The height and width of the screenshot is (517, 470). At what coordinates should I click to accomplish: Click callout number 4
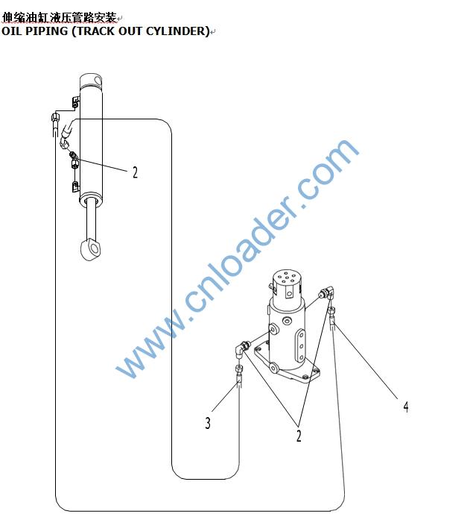point(406,407)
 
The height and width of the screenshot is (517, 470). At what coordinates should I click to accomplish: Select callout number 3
point(208,423)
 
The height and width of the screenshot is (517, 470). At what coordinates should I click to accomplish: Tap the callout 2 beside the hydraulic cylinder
point(135,172)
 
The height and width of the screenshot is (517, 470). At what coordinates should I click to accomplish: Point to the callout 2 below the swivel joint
point(299,436)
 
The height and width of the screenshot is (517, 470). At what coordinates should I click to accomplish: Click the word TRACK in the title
point(95,31)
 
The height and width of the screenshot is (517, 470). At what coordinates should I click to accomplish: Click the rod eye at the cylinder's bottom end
point(91,249)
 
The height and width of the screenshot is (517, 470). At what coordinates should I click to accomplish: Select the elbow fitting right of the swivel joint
point(327,292)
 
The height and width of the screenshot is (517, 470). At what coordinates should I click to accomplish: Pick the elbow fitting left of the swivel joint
point(242,349)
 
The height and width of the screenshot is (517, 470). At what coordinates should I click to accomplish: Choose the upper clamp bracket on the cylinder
point(75,102)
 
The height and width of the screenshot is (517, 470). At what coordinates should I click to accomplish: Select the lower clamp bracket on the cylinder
point(75,187)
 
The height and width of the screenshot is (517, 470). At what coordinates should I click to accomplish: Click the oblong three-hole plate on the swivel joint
point(300,346)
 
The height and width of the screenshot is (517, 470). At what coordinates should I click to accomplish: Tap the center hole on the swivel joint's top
point(287,278)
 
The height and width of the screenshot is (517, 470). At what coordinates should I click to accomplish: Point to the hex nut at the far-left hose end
point(55,116)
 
